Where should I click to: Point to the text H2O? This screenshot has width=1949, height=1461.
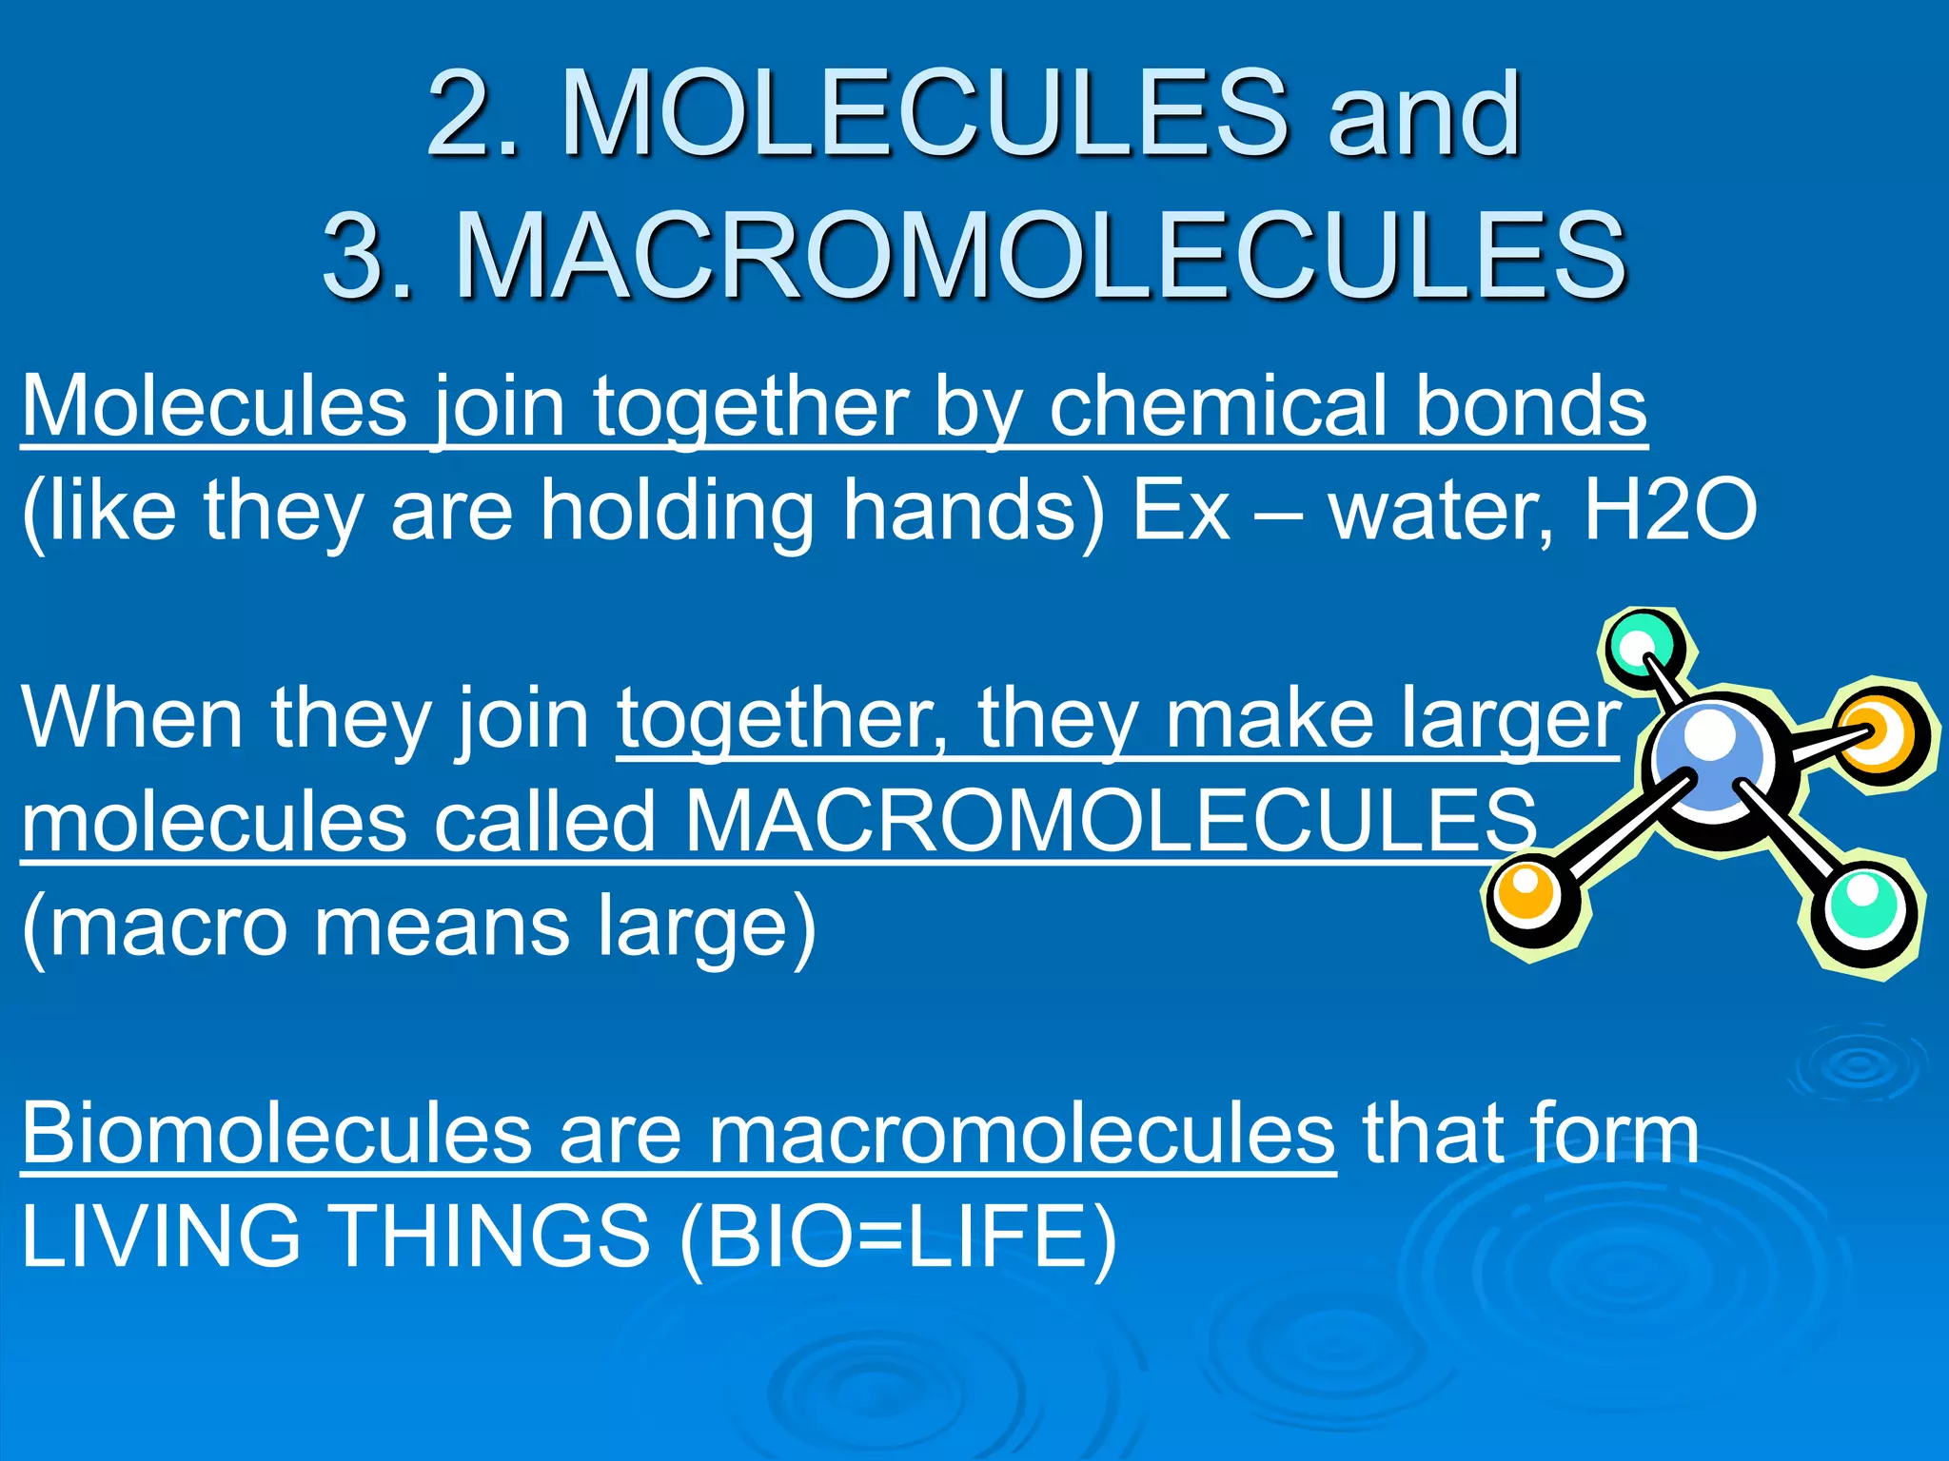[x=1670, y=511]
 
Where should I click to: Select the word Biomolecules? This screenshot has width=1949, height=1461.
[x=276, y=1134]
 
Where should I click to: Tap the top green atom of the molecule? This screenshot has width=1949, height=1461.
[x=1642, y=647]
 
